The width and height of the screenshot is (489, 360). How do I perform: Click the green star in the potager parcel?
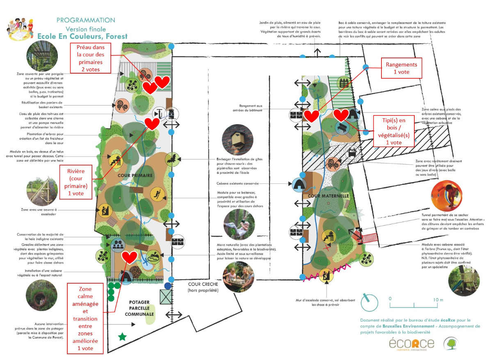(122, 337)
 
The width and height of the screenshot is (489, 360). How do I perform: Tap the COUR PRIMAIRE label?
(135, 176)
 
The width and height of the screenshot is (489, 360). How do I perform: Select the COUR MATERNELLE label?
(328, 196)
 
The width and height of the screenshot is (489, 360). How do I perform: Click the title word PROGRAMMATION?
(86, 20)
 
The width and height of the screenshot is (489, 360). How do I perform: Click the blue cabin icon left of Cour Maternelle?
(299, 185)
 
